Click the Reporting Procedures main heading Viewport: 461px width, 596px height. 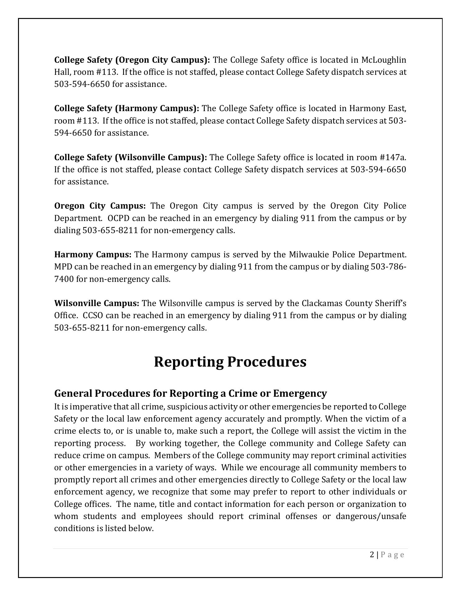coord(230,362)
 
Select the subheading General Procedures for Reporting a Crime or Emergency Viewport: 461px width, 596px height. coord(190,393)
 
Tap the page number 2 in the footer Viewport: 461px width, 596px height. coord(372,555)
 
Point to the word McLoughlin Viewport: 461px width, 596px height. coord(384,60)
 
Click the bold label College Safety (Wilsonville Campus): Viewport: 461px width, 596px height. coord(130,157)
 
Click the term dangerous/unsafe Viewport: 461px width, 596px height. coord(371,516)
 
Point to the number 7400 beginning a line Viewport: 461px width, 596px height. coord(64,279)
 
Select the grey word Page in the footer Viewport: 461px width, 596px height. coord(392,555)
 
